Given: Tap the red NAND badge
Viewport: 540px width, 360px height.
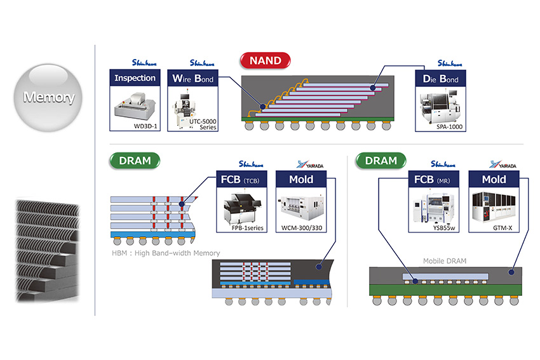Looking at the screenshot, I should [265, 62].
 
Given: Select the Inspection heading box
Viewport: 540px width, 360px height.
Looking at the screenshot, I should [135, 79].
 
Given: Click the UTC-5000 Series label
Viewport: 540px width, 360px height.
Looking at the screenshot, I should [203, 124].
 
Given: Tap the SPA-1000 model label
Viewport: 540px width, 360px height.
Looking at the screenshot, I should [450, 127].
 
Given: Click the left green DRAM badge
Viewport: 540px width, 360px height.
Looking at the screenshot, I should [135, 161].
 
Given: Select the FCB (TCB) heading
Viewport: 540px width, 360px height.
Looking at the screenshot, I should [243, 179].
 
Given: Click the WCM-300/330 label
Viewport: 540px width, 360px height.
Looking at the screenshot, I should [301, 227].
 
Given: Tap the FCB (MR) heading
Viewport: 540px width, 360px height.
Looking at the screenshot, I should [434, 179].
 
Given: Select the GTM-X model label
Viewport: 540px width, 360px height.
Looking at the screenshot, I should [494, 227].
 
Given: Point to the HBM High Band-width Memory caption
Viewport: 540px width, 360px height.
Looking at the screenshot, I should [165, 253].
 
